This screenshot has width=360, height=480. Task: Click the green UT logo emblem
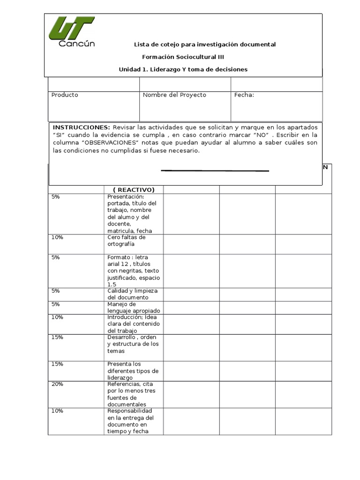click(71, 29)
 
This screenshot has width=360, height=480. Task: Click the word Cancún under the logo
click(76, 44)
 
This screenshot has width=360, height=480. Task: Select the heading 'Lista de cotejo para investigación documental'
click(205, 45)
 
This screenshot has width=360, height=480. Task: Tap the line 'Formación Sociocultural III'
click(183, 57)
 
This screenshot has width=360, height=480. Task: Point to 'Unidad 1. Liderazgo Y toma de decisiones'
click(183, 69)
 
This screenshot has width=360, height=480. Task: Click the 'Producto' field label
click(65, 95)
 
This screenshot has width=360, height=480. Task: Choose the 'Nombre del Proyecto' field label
click(174, 95)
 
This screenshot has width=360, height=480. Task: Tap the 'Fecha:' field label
click(244, 95)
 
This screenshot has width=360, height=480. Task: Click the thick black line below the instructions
click(215, 171)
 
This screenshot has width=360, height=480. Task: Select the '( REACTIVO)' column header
click(134, 190)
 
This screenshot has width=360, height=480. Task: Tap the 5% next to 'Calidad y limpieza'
click(56, 291)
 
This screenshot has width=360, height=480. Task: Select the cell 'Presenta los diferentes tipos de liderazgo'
click(133, 371)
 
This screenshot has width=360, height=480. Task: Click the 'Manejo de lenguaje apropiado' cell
click(134, 307)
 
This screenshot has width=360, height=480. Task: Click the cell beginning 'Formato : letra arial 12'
click(133, 270)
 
